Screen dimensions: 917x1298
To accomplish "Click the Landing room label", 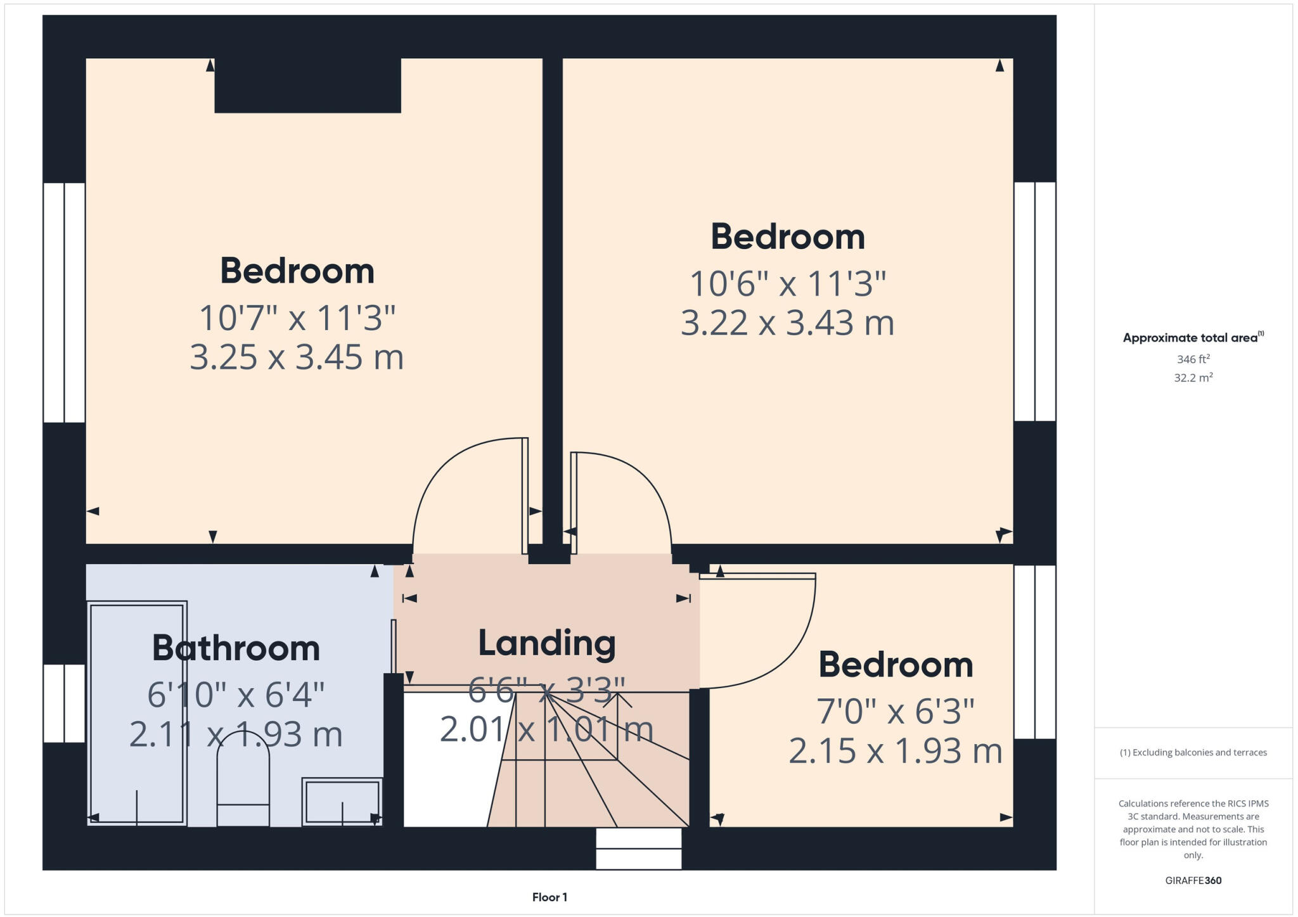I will coord(546,643).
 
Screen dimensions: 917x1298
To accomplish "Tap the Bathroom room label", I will coord(236,648).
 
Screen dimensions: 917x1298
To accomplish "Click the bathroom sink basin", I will coord(342,801).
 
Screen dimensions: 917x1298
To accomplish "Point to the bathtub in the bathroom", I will coord(137,713).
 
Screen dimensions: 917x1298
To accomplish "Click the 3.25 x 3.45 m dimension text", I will coord(297,357).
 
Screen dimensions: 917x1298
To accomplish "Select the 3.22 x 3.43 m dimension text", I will coord(787,323).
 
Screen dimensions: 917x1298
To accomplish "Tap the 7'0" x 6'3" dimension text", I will coord(895,711).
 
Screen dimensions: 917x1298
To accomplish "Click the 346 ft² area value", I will coord(1193,359).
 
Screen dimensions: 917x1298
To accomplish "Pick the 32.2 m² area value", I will coord(1193,378).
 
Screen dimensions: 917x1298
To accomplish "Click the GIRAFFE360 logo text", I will coord(1193,880).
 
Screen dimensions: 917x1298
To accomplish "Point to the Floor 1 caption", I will coord(549,897).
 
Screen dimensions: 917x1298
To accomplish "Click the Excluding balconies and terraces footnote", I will coord(1193,752).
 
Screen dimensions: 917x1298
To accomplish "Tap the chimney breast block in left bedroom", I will coord(307,86).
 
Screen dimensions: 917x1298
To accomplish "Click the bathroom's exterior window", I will coord(64,703).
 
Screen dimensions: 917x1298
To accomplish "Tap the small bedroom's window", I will coord(1034,651).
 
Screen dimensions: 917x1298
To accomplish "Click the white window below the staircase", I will coord(638,849).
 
